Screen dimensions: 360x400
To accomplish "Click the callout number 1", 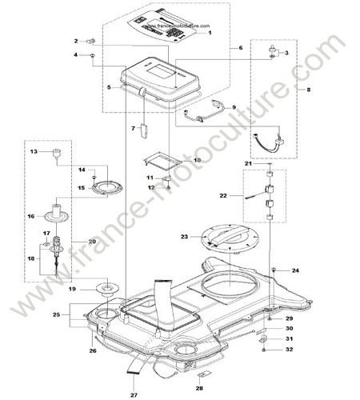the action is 210,33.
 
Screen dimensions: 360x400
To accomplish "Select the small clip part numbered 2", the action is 91,41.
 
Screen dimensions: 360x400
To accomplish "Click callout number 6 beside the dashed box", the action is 241,48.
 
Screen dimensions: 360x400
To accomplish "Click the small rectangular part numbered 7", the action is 144,130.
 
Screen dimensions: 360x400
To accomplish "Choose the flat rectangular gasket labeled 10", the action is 163,161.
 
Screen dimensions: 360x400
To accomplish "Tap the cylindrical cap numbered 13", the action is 57,154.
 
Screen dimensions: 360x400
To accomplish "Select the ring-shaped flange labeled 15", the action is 107,187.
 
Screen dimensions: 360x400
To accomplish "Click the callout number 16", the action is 31,216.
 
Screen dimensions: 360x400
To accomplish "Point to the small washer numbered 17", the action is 46,244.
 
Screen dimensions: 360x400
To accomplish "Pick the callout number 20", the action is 92,242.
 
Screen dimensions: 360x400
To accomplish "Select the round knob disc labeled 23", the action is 230,237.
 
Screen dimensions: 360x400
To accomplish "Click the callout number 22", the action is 223,196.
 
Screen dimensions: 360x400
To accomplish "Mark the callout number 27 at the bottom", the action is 134,395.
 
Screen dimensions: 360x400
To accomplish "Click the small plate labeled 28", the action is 204,375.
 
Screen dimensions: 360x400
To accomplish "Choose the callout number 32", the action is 290,350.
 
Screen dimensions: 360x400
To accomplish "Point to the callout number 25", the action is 56,315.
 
